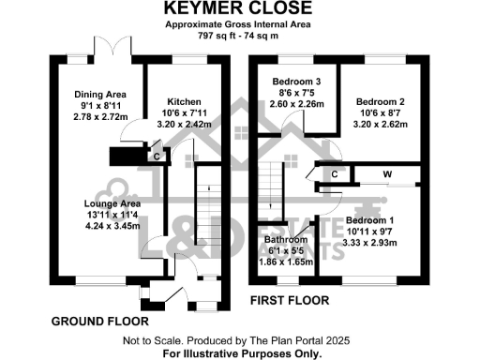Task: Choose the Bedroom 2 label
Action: (381, 101)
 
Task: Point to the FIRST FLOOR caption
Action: (289, 301)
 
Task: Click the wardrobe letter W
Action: (385, 173)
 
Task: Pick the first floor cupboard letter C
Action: (333, 174)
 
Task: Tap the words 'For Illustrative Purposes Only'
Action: (242, 354)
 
